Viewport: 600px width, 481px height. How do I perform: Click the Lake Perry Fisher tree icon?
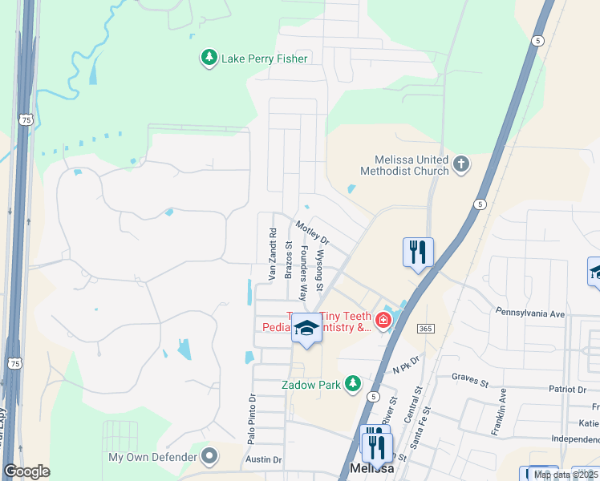[x=209, y=58]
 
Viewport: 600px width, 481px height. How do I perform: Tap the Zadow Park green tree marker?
[x=353, y=385]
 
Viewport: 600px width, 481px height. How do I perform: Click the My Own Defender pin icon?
[x=209, y=458]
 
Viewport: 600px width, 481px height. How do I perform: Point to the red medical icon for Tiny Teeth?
[x=383, y=321]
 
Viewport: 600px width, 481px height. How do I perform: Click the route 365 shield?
[x=426, y=329]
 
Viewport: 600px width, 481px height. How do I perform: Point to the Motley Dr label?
[x=312, y=232]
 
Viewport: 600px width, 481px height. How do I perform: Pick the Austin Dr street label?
[x=264, y=460]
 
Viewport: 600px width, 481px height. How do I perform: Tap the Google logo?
[x=26, y=471]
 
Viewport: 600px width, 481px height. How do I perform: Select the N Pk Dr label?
[x=407, y=366]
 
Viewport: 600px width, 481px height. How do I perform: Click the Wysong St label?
[x=319, y=272]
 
